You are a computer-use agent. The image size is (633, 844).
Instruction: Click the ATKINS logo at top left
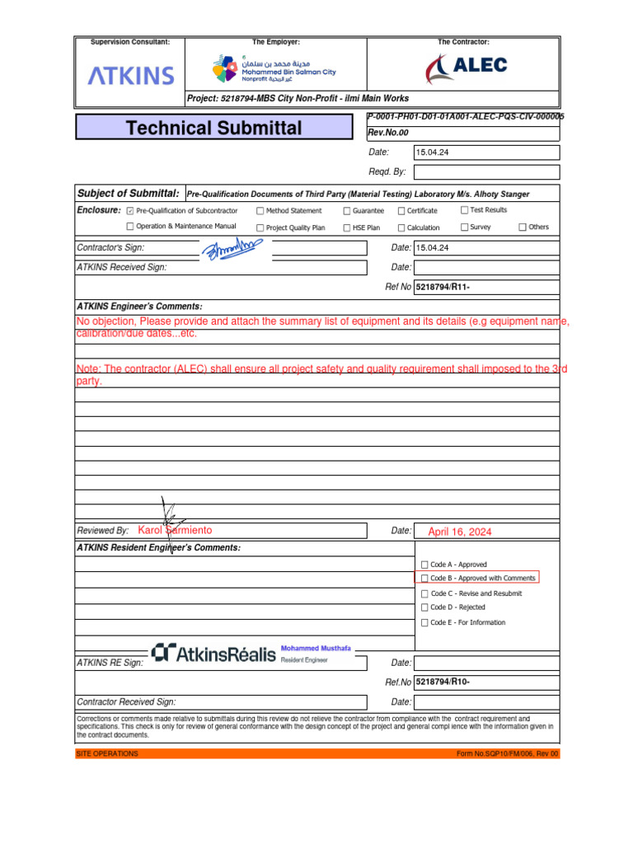pos(131,77)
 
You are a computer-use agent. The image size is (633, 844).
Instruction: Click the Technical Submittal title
pos(214,128)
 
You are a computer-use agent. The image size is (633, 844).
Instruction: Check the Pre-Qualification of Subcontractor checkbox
pos(130,211)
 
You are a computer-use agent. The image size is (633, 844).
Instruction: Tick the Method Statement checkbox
pos(260,211)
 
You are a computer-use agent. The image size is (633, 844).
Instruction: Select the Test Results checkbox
pos(464,210)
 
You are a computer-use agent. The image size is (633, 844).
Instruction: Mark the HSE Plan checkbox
pos(347,227)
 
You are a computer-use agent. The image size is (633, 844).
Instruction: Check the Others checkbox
pos(523,227)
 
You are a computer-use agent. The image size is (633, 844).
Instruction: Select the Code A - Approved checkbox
pos(424,565)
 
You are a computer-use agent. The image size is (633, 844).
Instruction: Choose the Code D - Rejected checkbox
pos(424,607)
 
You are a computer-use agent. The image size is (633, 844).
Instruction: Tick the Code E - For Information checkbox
pos(424,622)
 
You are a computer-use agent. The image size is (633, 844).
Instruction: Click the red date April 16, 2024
pos(459,532)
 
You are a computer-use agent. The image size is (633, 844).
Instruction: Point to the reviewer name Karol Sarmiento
pos(175,530)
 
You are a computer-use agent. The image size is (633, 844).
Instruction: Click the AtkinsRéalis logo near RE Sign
pos(214,654)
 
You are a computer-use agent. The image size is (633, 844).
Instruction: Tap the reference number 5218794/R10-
pos(443,682)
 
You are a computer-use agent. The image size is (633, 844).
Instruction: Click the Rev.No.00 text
pos(388,133)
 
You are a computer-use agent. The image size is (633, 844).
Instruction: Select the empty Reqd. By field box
pos(486,171)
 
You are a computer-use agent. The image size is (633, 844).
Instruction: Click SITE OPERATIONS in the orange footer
pos(107,754)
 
